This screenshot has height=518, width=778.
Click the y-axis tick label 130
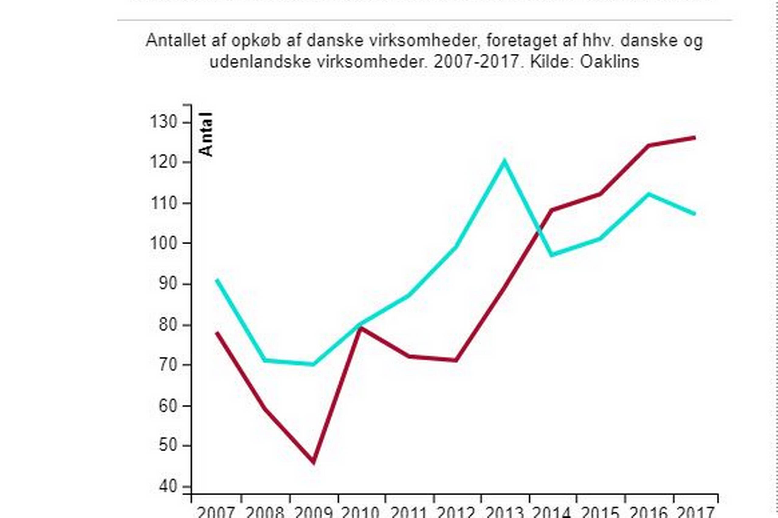point(164,122)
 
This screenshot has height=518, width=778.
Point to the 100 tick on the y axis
point(164,243)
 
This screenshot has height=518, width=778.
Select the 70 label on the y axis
point(168,365)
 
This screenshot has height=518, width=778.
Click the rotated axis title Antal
point(206,134)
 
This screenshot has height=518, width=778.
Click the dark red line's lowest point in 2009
point(313,462)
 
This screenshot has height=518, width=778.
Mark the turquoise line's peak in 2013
point(504,161)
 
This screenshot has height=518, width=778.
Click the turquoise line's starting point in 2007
point(217,280)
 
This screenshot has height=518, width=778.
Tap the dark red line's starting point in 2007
point(217,332)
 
